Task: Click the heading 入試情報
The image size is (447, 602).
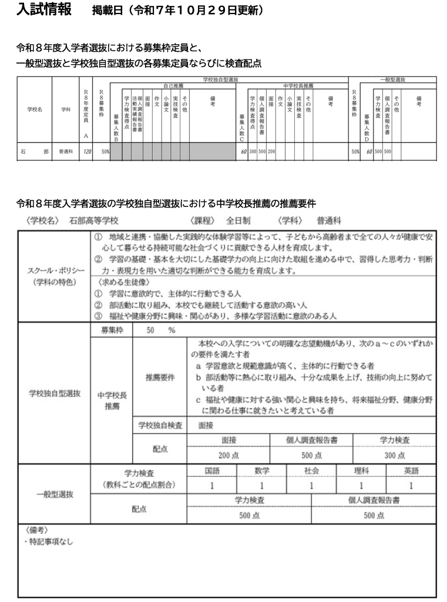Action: pyautogui.click(x=44, y=10)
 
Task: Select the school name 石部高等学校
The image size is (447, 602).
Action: pyautogui.click(x=94, y=221)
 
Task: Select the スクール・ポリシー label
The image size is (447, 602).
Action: pyautogui.click(x=56, y=270)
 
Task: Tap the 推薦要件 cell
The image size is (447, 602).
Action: pyautogui.click(x=160, y=377)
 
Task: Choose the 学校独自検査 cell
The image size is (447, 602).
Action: pyautogui.click(x=160, y=423)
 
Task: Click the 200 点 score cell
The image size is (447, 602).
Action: pyautogui.click(x=228, y=454)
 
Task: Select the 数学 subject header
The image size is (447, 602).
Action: pyautogui.click(x=261, y=471)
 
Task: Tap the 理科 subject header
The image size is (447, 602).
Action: pyautogui.click(x=361, y=471)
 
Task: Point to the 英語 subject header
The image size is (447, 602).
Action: pyautogui.click(x=411, y=471)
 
